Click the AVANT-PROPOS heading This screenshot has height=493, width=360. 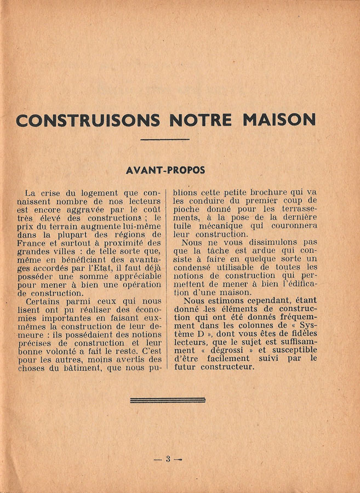point(165,170)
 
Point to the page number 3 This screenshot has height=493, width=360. point(168,459)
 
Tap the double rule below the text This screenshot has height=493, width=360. point(167,400)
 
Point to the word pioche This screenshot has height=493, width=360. point(188,209)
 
